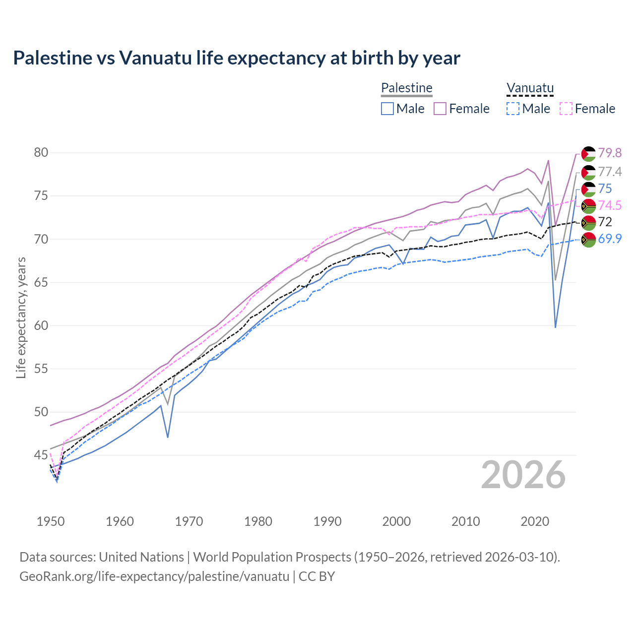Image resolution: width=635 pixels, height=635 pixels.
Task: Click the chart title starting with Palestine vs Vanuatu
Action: click(237, 58)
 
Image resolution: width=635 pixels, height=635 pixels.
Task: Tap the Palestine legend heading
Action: click(406, 88)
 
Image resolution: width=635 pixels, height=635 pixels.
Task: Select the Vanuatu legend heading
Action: click(530, 88)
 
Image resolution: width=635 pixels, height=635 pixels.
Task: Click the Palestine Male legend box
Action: click(387, 109)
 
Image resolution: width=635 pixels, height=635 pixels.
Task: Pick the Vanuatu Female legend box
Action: click(566, 109)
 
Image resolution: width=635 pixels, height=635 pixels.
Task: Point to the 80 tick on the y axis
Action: click(41, 152)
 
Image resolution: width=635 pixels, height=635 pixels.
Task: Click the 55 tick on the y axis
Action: click(41, 369)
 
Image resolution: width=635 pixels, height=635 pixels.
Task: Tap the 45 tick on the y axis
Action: click(41, 455)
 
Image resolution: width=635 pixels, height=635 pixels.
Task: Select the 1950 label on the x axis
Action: click(51, 521)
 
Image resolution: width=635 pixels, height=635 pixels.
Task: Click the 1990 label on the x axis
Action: click(327, 521)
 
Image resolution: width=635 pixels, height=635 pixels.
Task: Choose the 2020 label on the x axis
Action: click(535, 521)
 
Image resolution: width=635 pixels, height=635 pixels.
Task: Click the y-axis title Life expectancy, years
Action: click(21, 317)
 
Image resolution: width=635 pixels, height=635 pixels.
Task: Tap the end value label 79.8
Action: click(610, 153)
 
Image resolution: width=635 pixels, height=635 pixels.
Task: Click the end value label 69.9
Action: click(610, 239)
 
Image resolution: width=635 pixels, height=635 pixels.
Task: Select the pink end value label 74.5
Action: click(610, 205)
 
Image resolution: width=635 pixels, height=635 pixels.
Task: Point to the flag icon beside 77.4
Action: click(588, 172)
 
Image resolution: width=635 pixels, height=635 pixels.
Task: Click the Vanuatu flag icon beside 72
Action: click(588, 222)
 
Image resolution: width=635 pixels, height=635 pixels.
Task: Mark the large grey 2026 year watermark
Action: click(523, 475)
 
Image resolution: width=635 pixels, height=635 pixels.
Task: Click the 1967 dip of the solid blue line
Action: click(168, 437)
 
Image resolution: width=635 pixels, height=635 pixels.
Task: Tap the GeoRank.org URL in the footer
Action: click(154, 576)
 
